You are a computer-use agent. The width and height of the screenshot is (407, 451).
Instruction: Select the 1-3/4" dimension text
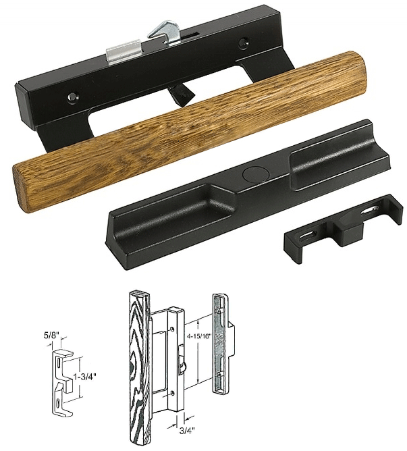pos(88,373)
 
